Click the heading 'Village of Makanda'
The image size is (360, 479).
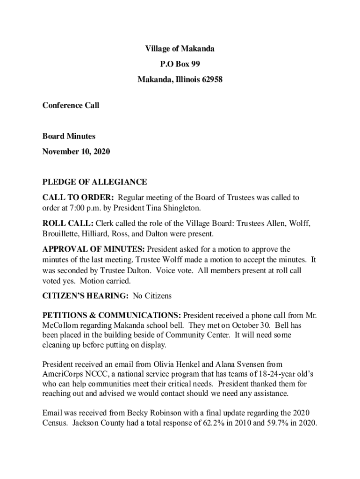click(x=180, y=49)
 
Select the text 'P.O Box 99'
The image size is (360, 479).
click(x=180, y=64)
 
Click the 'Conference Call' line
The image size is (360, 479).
click(x=71, y=105)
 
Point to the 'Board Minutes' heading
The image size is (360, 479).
click(x=69, y=136)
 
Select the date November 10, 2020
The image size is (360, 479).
click(x=76, y=152)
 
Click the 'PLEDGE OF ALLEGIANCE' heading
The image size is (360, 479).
click(x=94, y=182)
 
